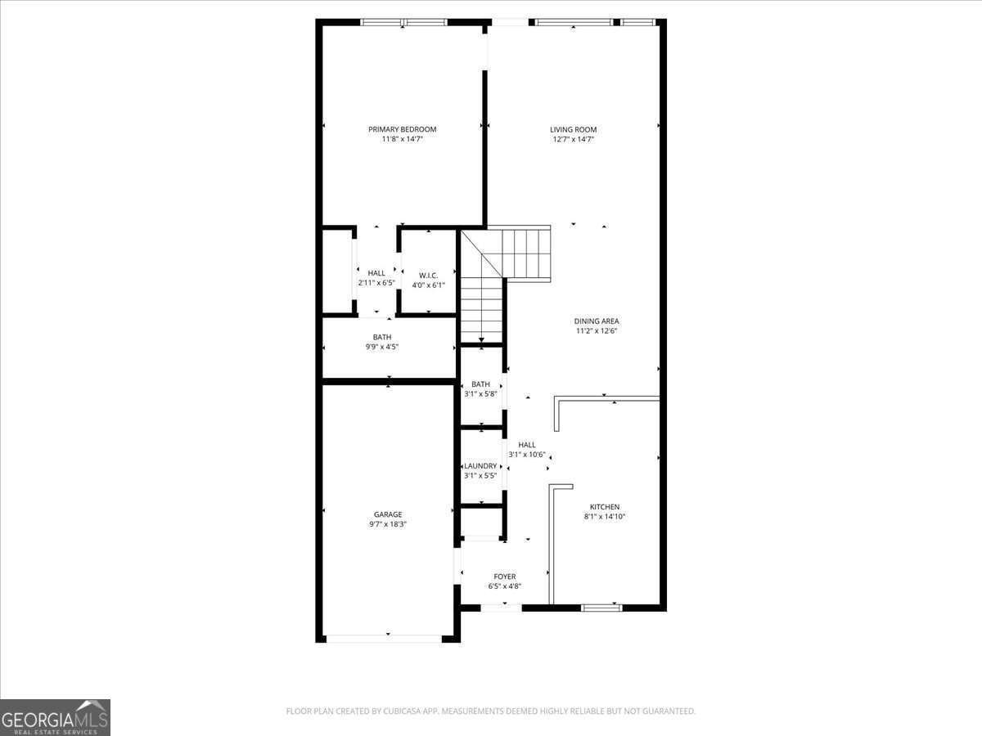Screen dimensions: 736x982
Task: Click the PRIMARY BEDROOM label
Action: click(402, 129)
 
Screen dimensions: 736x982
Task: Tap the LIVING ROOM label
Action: click(573, 129)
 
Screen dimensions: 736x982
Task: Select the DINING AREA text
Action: click(596, 321)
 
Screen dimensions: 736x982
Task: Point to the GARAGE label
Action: click(388, 514)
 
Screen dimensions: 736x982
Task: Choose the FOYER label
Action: click(504, 577)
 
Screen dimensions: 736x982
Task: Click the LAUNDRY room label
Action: click(480, 466)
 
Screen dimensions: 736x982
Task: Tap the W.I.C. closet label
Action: click(428, 275)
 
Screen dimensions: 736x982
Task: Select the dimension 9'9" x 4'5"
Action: click(382, 347)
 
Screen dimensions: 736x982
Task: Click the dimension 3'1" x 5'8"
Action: click(480, 393)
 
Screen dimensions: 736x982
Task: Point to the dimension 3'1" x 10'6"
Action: click(526, 455)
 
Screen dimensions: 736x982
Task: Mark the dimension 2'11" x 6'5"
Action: click(376, 283)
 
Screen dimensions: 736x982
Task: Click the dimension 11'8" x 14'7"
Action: click(402, 139)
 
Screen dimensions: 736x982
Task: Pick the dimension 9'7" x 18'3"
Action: click(388, 524)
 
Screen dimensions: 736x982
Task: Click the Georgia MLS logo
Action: click(55, 717)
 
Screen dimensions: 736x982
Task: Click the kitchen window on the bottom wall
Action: click(601, 608)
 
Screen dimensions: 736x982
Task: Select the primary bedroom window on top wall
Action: click(402, 22)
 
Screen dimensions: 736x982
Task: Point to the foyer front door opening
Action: click(501, 608)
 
